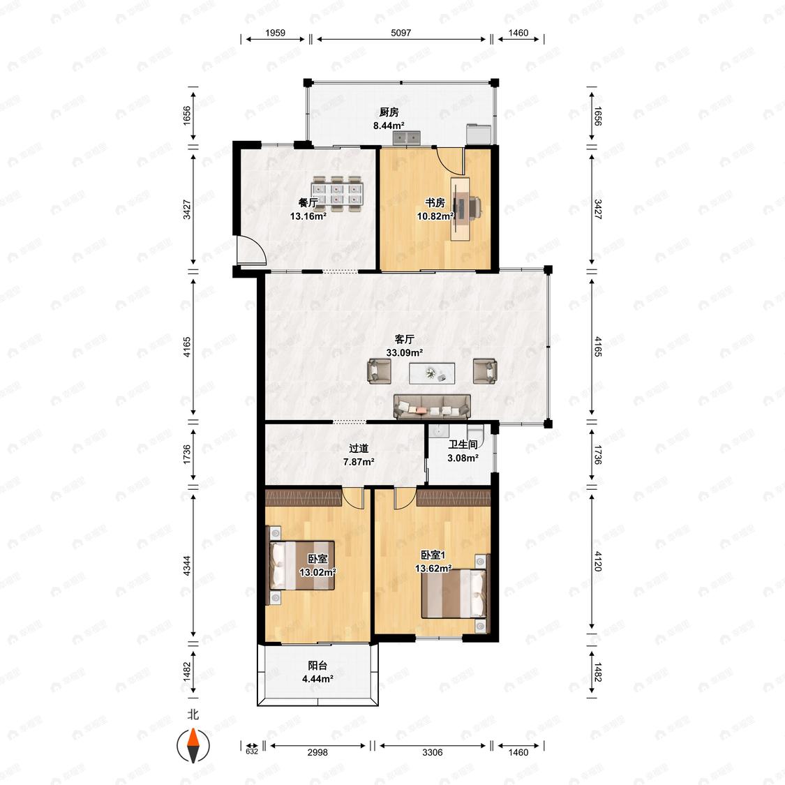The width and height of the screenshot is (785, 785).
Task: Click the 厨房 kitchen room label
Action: pyautogui.click(x=389, y=112)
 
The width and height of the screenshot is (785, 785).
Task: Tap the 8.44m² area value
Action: pyautogui.click(x=389, y=126)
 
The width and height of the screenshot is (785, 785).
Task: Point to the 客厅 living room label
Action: pyautogui.click(x=404, y=339)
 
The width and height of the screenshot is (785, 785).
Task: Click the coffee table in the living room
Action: pyautogui.click(x=432, y=373)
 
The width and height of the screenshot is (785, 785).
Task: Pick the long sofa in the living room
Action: pyautogui.click(x=432, y=407)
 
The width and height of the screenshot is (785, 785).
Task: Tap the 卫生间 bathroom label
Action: pyautogui.click(x=463, y=444)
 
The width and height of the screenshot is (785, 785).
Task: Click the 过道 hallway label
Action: pyautogui.click(x=359, y=449)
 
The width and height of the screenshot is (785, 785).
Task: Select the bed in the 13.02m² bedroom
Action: pyautogui.click(x=302, y=565)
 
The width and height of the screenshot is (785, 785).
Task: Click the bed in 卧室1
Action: pyautogui.click(x=454, y=593)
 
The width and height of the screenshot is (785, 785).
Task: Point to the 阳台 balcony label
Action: pyautogui.click(x=317, y=666)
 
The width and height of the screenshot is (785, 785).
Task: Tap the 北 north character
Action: pyautogui.click(x=193, y=715)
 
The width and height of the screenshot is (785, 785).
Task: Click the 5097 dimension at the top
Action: pyautogui.click(x=401, y=33)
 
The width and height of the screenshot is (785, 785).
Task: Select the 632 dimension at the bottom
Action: pyautogui.click(x=252, y=752)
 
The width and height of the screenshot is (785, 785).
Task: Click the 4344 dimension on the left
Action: pyautogui.click(x=187, y=565)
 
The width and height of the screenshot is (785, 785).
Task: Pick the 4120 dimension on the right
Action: pyautogui.click(x=598, y=561)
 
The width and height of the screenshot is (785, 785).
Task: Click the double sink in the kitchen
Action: pyautogui.click(x=406, y=137)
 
